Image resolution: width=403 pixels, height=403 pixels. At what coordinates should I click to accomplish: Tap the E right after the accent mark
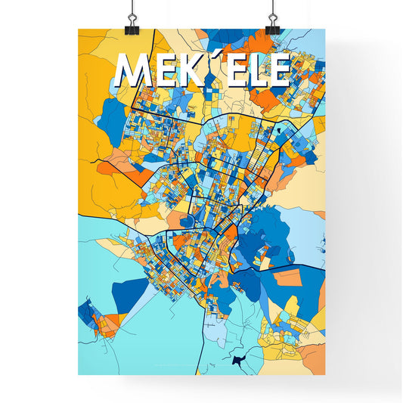[232, 72]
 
